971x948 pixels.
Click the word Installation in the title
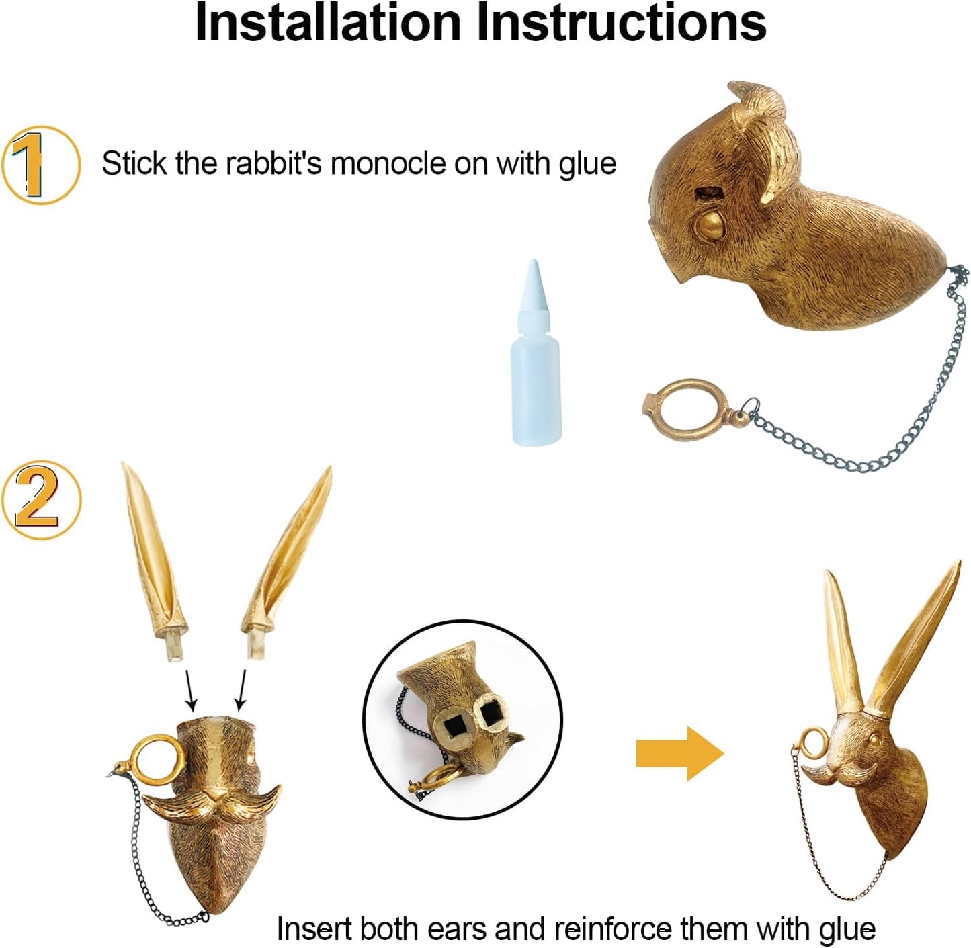pyautogui.click(x=327, y=23)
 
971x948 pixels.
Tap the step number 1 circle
pyautogui.click(x=41, y=165)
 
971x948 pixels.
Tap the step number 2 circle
pyautogui.click(x=41, y=500)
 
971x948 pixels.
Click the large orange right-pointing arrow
pyautogui.click(x=679, y=754)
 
